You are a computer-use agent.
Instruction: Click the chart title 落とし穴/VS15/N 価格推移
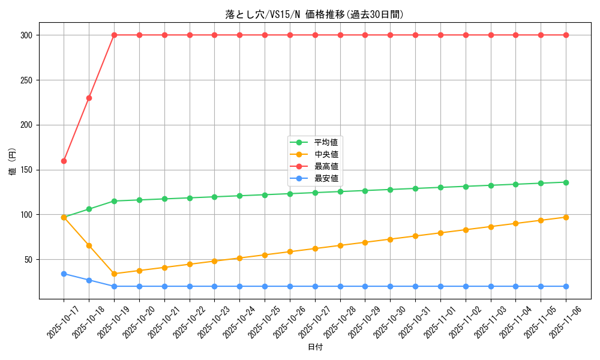(314, 14)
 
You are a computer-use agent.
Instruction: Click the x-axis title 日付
(315, 347)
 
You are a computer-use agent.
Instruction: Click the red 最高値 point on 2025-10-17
(64, 161)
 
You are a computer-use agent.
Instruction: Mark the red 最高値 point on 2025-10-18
(89, 98)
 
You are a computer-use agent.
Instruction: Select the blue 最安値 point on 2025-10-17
(64, 274)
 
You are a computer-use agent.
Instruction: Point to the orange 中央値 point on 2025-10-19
(114, 274)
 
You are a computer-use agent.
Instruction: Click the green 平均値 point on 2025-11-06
(566, 182)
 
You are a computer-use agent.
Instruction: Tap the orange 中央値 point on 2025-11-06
(566, 217)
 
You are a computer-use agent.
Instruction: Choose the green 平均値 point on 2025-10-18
(89, 209)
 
